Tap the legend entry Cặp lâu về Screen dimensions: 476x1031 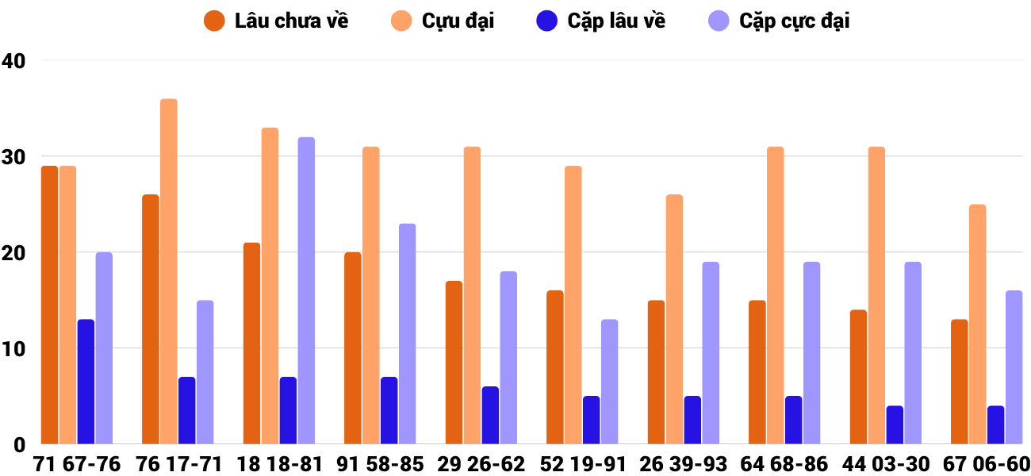tap(603, 21)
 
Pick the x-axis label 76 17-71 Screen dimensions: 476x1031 tap(178, 464)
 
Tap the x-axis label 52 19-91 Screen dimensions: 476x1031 tap(582, 464)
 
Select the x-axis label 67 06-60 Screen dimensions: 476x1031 tap(987, 464)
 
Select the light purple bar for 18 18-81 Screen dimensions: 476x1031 tap(306, 290)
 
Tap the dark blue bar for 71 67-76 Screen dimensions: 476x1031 tap(86, 382)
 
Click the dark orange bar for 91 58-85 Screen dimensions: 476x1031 tap(353, 348)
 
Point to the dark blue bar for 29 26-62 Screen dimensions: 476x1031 tap(490, 415)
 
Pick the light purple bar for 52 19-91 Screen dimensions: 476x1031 tap(609, 382)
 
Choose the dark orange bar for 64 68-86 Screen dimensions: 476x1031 tap(757, 372)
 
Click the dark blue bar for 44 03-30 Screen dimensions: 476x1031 tap(895, 424)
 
